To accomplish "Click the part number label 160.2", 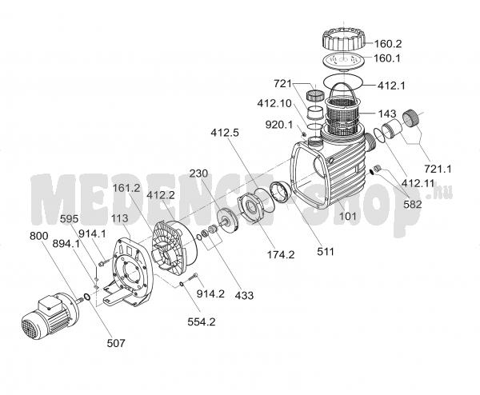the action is point(388,44).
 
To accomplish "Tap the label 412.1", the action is point(391,86).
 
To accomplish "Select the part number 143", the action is point(387,114).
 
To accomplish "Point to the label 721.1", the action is point(438,169).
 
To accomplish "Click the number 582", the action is point(413,204).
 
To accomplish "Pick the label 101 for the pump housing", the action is point(348,217).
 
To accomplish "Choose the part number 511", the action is point(326,252).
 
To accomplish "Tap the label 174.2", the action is point(281,254).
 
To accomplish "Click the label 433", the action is point(244,295).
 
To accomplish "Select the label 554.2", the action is point(202,322).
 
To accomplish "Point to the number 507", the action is point(116,343).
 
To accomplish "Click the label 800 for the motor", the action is point(39,236).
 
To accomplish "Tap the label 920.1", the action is point(279,125).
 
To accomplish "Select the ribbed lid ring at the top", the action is point(344,39).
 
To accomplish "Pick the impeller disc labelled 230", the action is point(227,221).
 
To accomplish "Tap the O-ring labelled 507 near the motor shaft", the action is point(86,297).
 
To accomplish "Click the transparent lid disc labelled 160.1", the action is point(344,62).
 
